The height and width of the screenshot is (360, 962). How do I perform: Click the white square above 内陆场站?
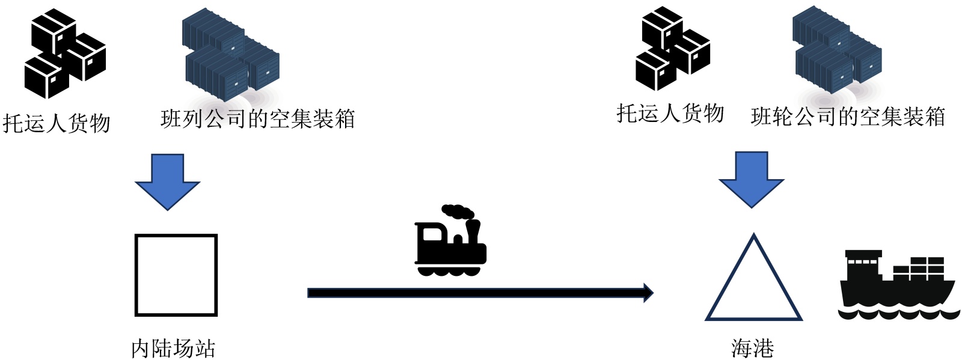pos(176,275)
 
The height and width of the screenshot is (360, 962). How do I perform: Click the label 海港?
pos(752,348)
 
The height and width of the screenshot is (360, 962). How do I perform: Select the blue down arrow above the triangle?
pos(752,179)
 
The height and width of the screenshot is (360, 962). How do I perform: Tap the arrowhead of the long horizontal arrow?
pos(648,293)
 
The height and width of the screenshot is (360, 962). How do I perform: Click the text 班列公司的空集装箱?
pos(258,119)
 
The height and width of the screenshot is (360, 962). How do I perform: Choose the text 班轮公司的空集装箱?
pos(848,117)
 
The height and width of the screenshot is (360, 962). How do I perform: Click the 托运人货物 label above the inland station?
pos(57,123)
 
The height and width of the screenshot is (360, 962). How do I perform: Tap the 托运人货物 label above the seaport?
pos(670,113)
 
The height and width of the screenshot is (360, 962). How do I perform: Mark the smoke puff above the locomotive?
pos(458,212)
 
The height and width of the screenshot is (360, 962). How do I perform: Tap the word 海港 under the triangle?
pos(752,348)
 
